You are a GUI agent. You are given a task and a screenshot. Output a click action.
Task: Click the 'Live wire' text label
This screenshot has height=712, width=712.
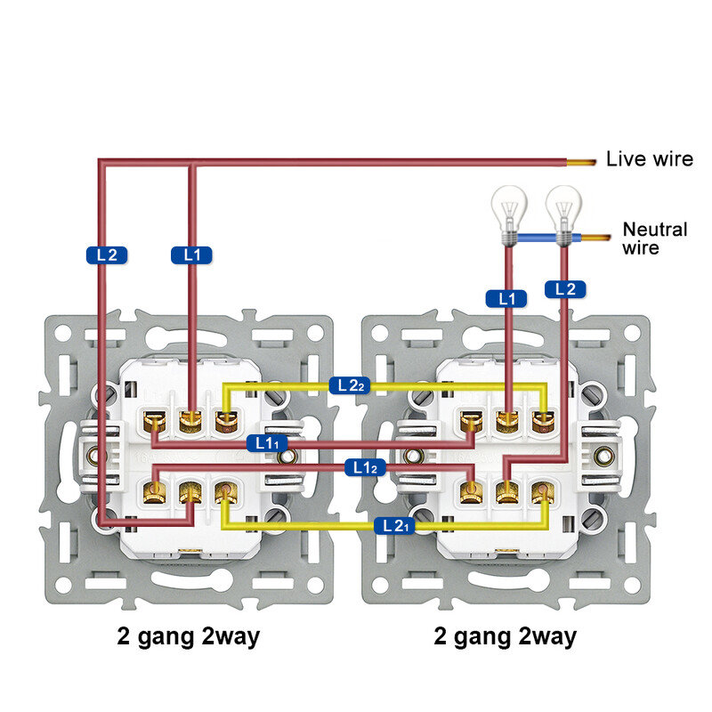point(649,159)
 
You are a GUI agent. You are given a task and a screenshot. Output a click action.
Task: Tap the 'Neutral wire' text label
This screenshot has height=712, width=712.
point(655,239)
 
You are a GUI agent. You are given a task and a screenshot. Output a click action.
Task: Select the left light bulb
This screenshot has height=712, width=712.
point(508,211)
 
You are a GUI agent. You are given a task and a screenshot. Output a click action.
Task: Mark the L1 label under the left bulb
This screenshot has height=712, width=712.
point(507,299)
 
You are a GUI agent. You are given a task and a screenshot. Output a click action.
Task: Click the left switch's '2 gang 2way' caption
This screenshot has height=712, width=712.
point(189,636)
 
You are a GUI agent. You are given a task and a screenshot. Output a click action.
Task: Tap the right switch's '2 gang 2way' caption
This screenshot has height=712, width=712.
point(505,636)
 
